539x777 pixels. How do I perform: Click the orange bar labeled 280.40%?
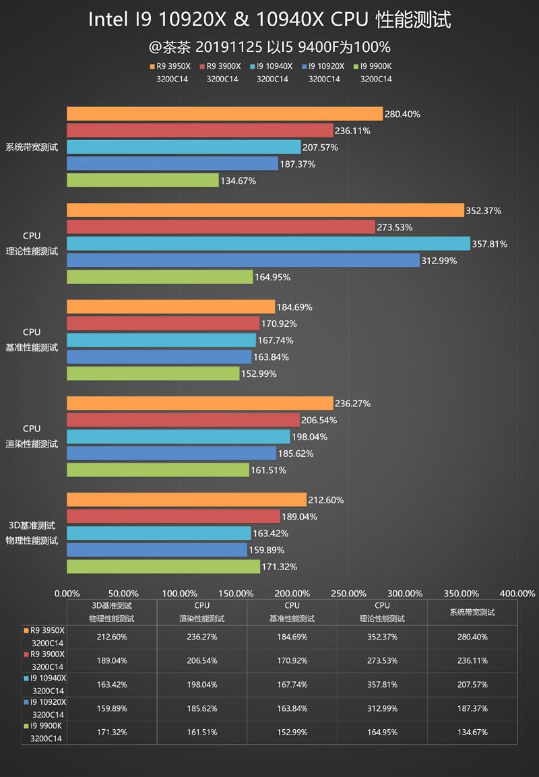[x=224, y=114]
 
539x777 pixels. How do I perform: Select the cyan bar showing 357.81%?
[x=268, y=243]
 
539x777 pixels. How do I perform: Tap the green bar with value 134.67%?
[x=143, y=181]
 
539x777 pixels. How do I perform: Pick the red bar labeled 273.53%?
[x=220, y=227]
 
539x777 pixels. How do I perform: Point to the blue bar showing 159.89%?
[x=157, y=550]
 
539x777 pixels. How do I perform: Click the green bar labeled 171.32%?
[x=163, y=567]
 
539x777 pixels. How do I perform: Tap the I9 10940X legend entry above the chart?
[x=273, y=66]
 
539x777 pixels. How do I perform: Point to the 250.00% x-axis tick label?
[x=348, y=594]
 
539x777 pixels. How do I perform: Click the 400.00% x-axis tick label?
[x=518, y=594]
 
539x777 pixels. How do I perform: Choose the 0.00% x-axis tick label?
[x=67, y=594]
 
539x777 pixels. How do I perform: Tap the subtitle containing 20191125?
[x=269, y=47]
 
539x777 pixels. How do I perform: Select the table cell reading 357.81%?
[x=382, y=684]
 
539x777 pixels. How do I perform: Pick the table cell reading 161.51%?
[x=202, y=732]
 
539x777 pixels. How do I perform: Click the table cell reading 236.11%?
[x=472, y=660]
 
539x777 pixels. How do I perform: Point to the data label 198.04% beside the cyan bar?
[x=311, y=437]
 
